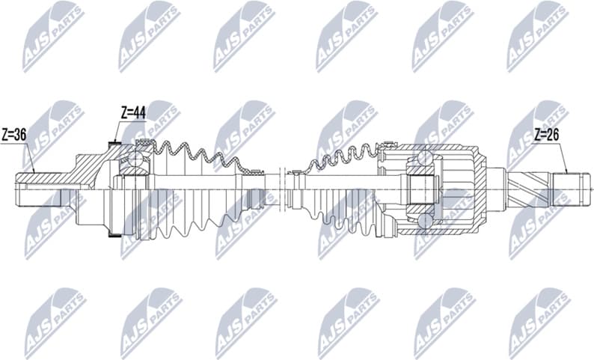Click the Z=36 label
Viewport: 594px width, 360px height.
point(13,135)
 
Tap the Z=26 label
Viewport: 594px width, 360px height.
point(547,135)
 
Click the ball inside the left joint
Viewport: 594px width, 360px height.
point(135,159)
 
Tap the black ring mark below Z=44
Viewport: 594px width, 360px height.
point(114,144)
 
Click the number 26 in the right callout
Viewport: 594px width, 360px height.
point(553,135)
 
